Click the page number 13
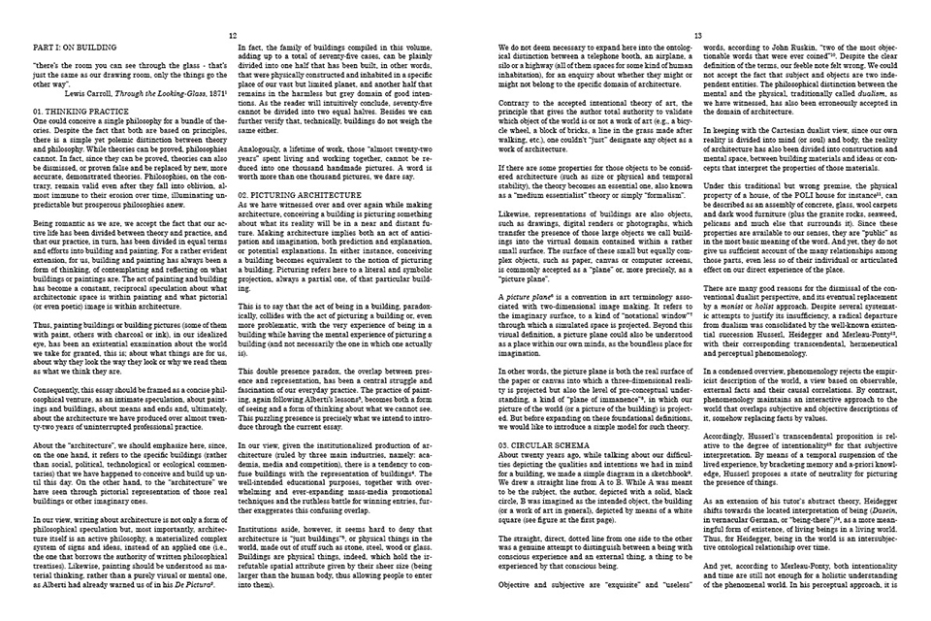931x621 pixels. tap(697, 33)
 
